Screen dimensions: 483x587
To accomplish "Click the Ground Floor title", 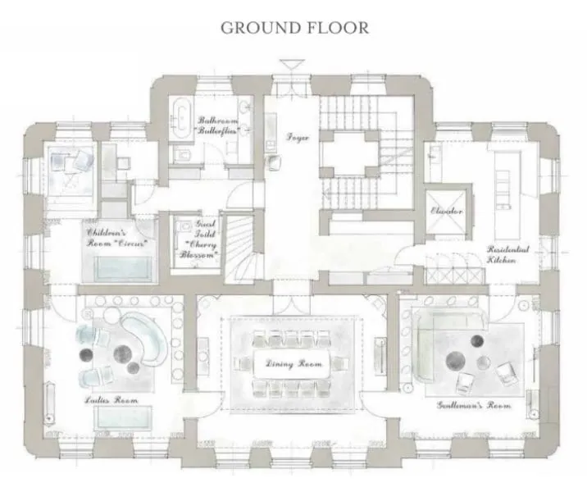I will pyautogui.click(x=294, y=27).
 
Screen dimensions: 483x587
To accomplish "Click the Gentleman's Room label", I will pyautogui.click(x=475, y=405).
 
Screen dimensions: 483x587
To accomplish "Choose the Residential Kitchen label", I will pyautogui.click(x=507, y=254).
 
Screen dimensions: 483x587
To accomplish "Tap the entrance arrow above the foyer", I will pyautogui.click(x=292, y=66).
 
